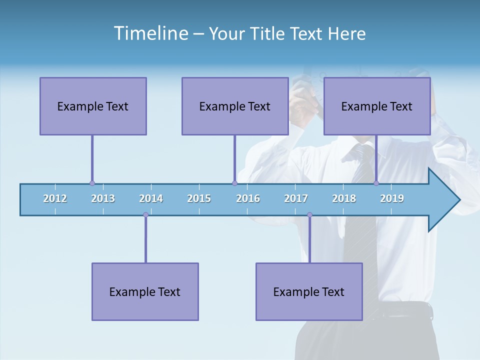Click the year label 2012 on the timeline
(x=55, y=198)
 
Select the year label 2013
(x=103, y=198)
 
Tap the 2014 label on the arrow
(x=151, y=198)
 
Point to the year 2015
(x=199, y=198)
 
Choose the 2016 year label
(x=248, y=198)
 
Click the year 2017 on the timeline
(x=296, y=198)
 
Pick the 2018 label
(x=344, y=198)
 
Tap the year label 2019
(x=392, y=198)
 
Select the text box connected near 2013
(x=93, y=106)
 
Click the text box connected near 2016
(x=235, y=106)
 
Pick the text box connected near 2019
(x=377, y=106)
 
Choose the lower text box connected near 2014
(x=145, y=291)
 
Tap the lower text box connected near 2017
(x=309, y=291)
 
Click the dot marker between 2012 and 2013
(x=92, y=183)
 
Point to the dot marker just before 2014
(x=145, y=215)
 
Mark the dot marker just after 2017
(x=309, y=215)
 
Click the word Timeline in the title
(x=150, y=33)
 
